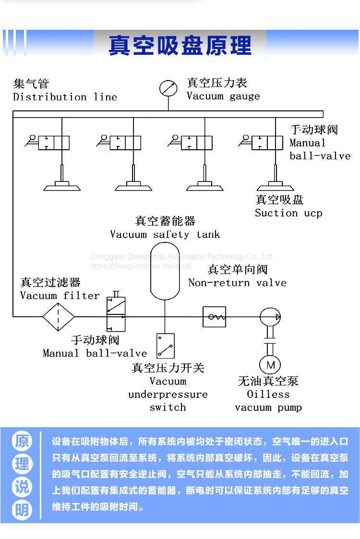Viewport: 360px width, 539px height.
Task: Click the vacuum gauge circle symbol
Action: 168,88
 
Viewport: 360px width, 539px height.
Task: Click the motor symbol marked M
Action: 270,365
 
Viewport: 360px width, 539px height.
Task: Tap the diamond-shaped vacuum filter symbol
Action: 59,317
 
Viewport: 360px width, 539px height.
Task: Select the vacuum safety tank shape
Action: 165,271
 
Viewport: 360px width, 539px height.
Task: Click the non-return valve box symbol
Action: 214,317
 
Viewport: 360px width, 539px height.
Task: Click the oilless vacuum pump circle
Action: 270,317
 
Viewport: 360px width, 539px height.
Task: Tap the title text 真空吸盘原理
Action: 180,46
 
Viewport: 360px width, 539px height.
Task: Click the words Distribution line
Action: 65,97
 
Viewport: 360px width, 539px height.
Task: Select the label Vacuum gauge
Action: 223,96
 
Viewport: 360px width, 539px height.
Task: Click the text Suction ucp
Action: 288,213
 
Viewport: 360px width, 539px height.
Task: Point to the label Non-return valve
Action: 237,283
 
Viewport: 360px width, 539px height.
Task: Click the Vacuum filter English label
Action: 60,296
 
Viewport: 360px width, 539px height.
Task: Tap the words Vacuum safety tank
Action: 165,235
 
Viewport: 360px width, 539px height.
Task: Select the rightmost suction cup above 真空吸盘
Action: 276,185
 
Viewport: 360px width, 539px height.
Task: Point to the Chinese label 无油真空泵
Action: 268,381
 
